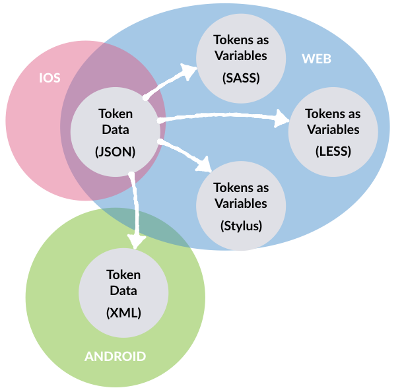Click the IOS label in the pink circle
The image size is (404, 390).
[50, 78]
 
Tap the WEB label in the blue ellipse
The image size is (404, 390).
[316, 59]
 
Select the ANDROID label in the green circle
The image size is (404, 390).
[115, 356]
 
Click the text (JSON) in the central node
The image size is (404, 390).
[115, 150]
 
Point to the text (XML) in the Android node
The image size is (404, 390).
[123, 313]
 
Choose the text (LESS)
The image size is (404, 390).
[333, 151]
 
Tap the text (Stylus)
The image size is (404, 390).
[241, 225]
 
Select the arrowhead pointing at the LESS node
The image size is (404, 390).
[283, 121]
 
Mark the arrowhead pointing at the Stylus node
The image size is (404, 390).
[204, 166]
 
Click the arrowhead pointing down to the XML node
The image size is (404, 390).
[135, 241]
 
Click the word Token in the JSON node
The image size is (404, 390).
[115, 114]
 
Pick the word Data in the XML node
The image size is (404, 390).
[123, 291]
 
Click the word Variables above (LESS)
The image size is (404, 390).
[333, 129]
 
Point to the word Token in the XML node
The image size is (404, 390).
[123, 275]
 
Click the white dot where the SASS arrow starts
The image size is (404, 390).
[145, 98]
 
